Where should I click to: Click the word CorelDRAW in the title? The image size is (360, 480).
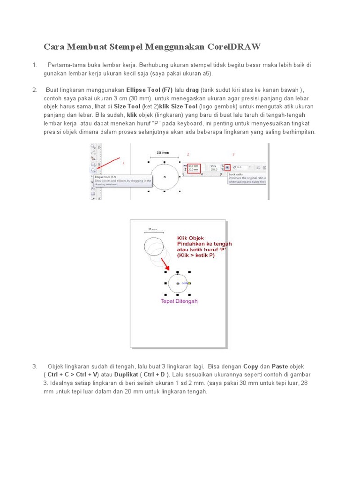(232, 47)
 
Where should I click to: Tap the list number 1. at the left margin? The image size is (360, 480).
(35, 65)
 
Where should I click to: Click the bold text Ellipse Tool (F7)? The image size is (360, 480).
(150, 90)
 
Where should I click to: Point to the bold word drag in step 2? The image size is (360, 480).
(193, 90)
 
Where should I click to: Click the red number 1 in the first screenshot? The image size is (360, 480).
(123, 163)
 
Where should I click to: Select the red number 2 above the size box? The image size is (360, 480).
(188, 154)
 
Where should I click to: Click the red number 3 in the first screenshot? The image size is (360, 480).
(233, 154)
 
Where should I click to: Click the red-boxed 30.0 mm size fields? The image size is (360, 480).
(193, 167)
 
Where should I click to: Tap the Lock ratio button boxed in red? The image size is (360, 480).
(227, 166)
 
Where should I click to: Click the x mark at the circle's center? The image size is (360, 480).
(165, 177)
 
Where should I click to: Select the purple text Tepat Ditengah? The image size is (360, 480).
(179, 301)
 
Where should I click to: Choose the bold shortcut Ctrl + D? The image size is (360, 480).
(155, 375)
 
